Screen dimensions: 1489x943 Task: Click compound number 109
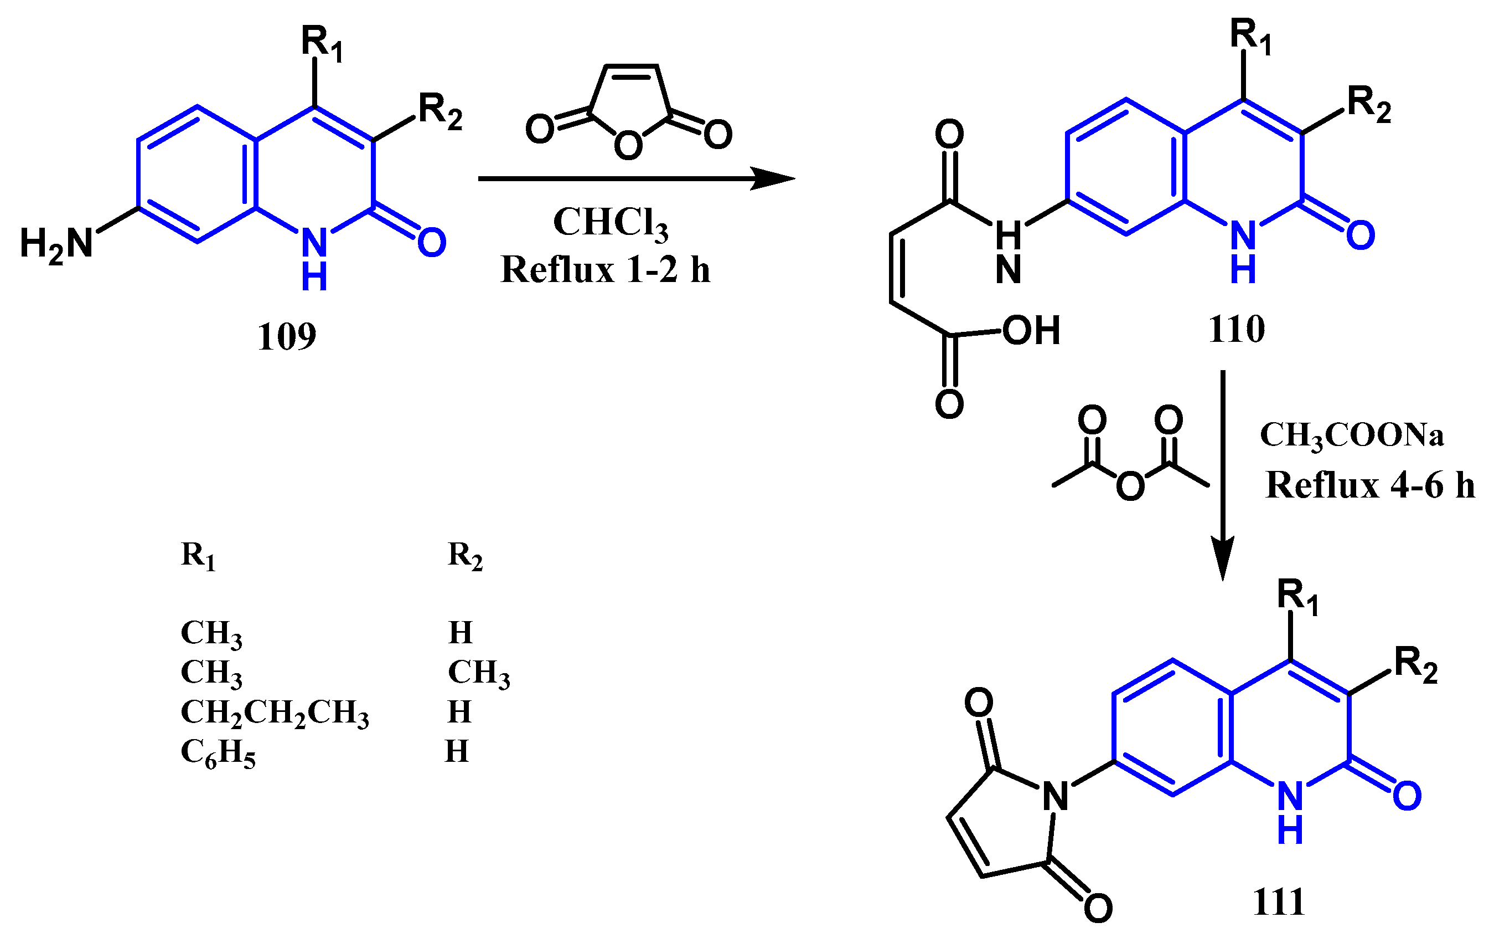coord(286,337)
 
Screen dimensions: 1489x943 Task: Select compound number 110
coord(1237,329)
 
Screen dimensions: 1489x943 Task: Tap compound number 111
coord(1279,901)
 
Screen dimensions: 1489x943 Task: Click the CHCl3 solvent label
coord(611,222)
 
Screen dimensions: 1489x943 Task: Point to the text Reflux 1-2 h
coord(606,270)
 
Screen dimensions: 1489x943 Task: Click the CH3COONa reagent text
coord(1352,435)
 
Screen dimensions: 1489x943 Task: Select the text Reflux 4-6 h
coord(1369,484)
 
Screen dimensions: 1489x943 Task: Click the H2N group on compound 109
coord(56,244)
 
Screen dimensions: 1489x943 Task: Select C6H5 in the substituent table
coord(218,753)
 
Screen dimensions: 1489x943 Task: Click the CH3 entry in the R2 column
coord(479,673)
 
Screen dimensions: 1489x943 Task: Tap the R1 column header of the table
coord(198,555)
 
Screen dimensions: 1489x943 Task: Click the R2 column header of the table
coord(464,555)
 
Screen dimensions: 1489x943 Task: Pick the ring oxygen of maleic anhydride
coord(628,146)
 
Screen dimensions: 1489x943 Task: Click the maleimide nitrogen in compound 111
coord(1056,797)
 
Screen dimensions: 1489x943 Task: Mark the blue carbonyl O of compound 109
coord(432,243)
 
